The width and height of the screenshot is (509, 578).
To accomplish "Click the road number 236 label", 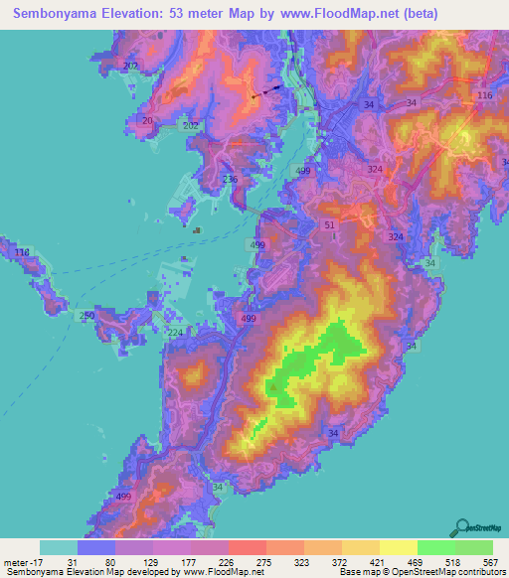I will tap(230, 179).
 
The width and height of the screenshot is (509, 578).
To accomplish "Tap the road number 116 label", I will tap(484, 94).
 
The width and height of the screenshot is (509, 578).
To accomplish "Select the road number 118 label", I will tap(23, 253).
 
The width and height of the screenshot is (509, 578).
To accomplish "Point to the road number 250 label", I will tap(86, 315).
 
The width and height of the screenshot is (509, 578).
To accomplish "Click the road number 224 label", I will tap(175, 333).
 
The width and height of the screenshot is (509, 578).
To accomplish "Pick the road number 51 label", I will tap(330, 226).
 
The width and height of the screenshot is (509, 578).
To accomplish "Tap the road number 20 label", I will tap(148, 120).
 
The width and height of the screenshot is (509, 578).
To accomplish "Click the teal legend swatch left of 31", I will tap(59, 547).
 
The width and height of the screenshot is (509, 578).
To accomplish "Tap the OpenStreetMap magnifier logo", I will tap(462, 527).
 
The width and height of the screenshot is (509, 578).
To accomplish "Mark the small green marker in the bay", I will tap(198, 232).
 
